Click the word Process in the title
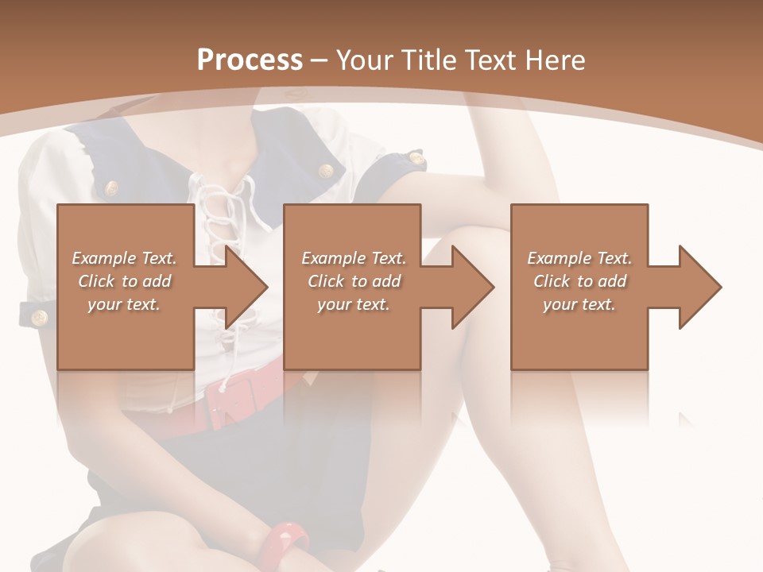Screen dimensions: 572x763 [x=250, y=60]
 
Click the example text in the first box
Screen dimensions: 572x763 [x=124, y=280]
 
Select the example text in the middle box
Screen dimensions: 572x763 [x=353, y=280]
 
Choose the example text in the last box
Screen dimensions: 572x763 [x=579, y=280]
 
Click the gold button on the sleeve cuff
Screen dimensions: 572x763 [x=38, y=318]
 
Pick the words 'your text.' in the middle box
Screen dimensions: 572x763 [x=353, y=304]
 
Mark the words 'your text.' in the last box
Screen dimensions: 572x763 [x=579, y=304]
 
